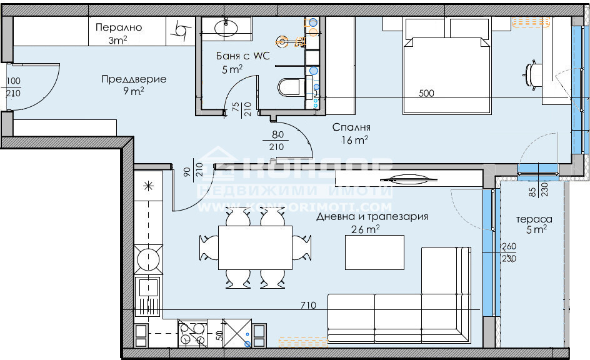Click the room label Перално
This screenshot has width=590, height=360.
(x=119, y=27)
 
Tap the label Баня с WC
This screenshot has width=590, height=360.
(x=242, y=56)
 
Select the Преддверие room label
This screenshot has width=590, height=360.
(x=134, y=79)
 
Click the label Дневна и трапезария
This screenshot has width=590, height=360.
(x=372, y=217)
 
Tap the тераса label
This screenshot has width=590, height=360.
(x=534, y=219)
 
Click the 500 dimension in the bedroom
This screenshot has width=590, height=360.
(x=426, y=94)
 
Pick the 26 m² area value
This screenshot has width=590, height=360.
(x=367, y=229)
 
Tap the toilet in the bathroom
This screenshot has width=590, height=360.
(x=289, y=87)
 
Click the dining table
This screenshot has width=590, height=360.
(x=255, y=247)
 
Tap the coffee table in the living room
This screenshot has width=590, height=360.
(x=375, y=252)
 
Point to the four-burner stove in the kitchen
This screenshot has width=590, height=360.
(x=192, y=333)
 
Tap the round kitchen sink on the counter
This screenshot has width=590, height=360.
(x=148, y=257)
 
